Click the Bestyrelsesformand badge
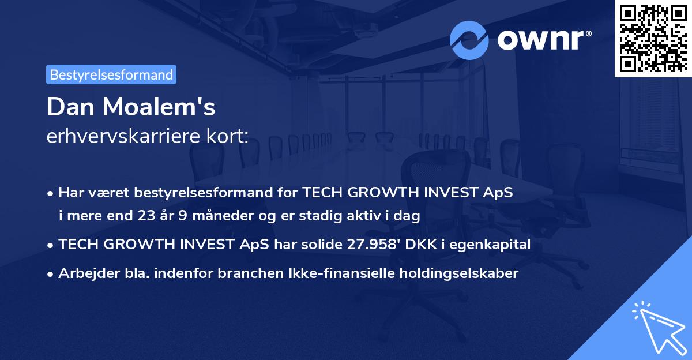[111, 74]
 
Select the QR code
[653, 38]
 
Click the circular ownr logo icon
[469, 40]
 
